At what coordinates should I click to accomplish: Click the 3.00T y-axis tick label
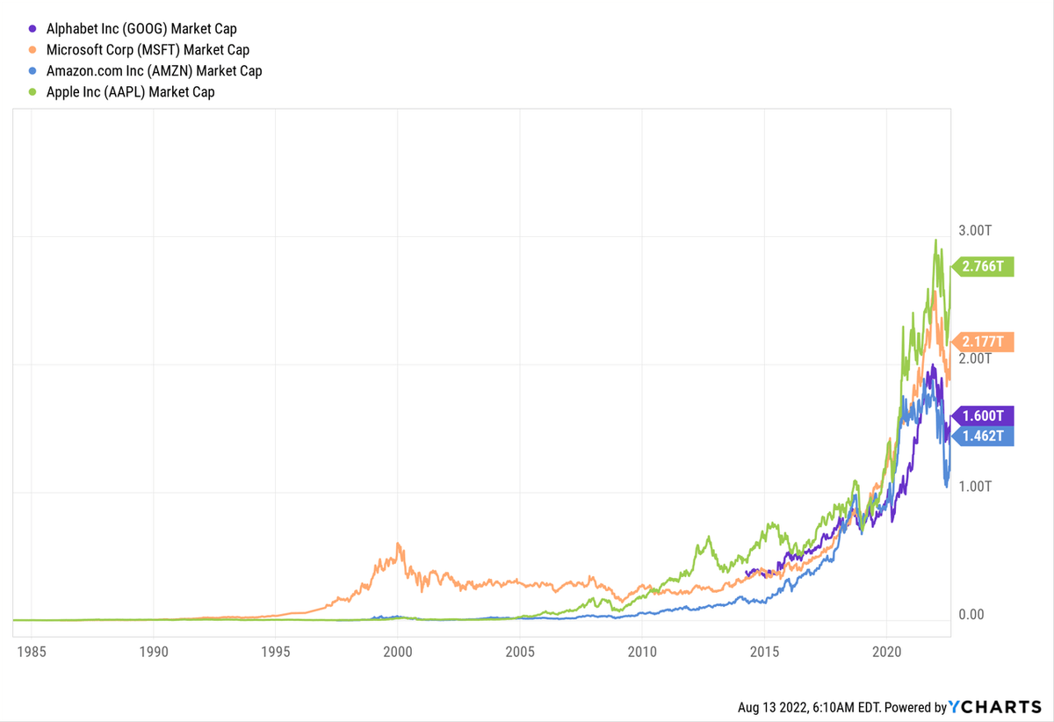click(x=975, y=230)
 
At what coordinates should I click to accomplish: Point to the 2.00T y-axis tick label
click(x=975, y=358)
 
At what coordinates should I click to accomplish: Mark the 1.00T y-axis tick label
click(x=975, y=487)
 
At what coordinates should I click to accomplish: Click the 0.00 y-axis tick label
click(x=971, y=614)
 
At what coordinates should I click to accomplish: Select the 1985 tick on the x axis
click(x=32, y=653)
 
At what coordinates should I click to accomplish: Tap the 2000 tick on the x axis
click(x=398, y=653)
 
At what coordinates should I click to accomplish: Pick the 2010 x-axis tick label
click(x=642, y=653)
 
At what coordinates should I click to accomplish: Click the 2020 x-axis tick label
click(x=887, y=653)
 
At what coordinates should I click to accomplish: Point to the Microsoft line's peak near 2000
click(x=399, y=544)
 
